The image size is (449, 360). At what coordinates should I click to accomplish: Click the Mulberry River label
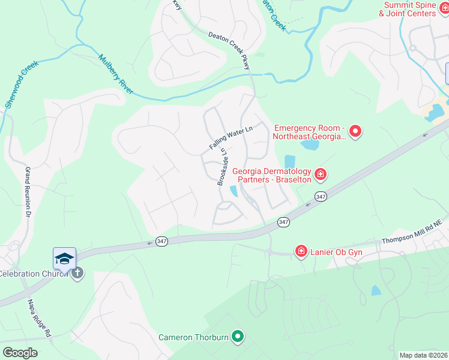click(118, 74)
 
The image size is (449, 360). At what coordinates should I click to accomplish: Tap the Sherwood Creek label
click(22, 83)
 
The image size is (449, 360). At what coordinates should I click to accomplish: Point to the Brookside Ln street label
click(223, 166)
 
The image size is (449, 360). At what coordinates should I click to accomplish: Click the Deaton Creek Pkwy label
click(229, 51)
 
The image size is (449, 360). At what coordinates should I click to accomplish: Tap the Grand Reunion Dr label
click(27, 192)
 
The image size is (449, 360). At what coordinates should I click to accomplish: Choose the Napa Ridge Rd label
click(39, 318)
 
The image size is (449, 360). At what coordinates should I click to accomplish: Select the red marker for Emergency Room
click(355, 130)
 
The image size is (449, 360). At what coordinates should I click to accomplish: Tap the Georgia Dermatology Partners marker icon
click(321, 175)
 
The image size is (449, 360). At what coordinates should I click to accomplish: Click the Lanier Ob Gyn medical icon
click(301, 251)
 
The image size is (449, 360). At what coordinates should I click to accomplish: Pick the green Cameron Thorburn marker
click(238, 337)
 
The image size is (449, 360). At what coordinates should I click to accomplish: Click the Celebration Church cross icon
click(77, 274)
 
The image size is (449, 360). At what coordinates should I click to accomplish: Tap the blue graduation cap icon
click(64, 259)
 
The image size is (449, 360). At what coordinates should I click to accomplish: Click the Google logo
click(20, 353)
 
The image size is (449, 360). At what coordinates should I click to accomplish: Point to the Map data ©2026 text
click(423, 355)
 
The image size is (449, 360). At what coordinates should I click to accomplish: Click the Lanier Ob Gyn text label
click(336, 252)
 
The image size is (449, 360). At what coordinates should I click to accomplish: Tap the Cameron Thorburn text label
click(193, 337)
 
